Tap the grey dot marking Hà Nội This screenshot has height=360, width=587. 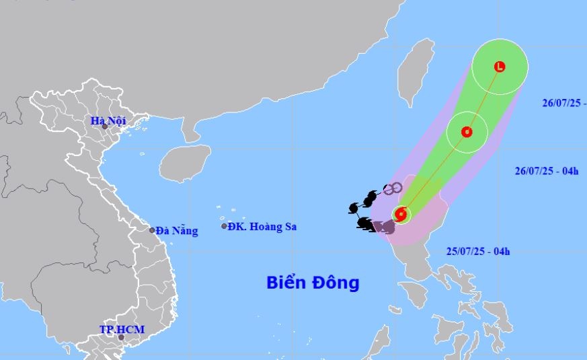tap(104, 127)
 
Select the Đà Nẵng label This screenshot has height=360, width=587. tap(177, 231)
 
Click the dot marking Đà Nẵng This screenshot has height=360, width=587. tap(152, 230)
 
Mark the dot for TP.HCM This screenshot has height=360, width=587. tap(121, 337)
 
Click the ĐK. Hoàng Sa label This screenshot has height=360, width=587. tap(262, 227)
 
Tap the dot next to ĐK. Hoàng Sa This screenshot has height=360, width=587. tap(225, 226)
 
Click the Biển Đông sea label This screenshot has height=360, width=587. tap(312, 282)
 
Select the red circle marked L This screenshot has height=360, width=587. tap(499, 67)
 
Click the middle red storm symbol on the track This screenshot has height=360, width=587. tap(466, 132)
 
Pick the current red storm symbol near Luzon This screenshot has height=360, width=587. tap(401, 215)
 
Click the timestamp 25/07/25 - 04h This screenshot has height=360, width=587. tap(477, 252)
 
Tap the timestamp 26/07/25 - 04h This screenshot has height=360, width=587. tap(543, 171)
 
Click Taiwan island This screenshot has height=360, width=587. tap(414, 71)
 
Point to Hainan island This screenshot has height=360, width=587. tap(184, 162)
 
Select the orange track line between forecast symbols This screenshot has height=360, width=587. tap(434, 174)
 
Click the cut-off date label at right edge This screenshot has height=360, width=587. tap(563, 103)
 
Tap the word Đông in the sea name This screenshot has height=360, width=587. tap(334, 282)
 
